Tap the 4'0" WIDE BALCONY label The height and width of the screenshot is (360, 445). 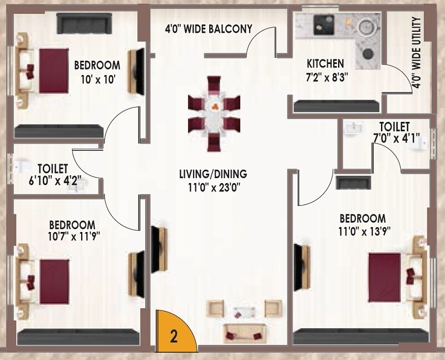point(208,28)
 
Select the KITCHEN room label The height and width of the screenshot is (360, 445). point(325,63)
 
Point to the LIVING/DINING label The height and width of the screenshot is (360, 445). point(212,174)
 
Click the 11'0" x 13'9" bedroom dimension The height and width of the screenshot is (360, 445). point(362,230)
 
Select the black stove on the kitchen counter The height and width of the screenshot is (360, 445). point(323,24)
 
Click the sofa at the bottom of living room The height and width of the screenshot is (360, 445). point(240,332)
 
